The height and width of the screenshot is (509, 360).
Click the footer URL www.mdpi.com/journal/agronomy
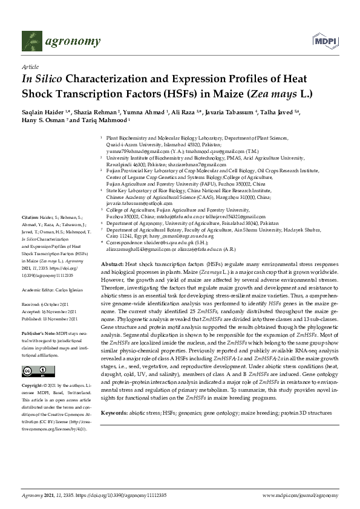300,495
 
